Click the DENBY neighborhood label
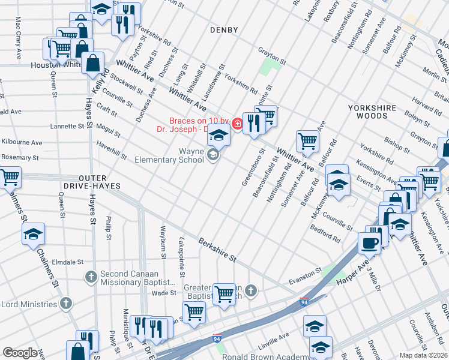tap(224, 29)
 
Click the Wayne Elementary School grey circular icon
tap(212, 156)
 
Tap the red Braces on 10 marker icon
tap(238, 124)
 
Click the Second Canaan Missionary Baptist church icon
tap(91, 277)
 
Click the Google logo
tap(20, 352)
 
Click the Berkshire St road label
tap(217, 248)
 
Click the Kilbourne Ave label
tap(21, 143)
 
